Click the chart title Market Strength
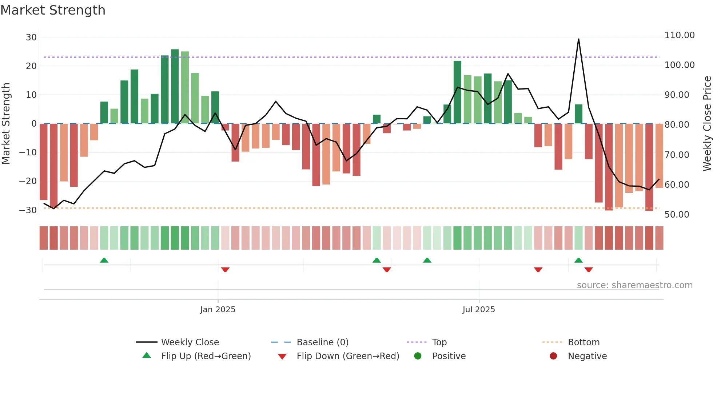coord(53,10)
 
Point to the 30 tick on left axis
coord(31,37)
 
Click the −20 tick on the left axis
coord(28,181)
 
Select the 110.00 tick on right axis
coord(679,35)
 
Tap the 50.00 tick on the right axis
coord(677,215)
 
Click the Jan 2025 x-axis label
coord(218,310)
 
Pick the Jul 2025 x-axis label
coord(478,310)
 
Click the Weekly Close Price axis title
coord(707,123)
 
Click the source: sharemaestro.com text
coord(634,285)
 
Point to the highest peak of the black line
coord(578,39)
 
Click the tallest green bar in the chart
coord(175,86)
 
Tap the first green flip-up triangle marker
coord(104,260)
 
